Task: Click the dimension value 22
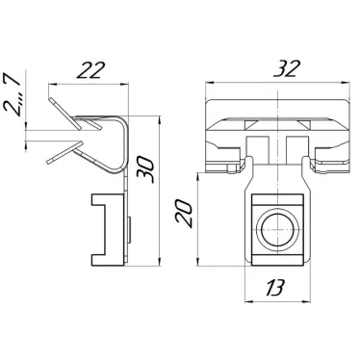(x=91, y=70)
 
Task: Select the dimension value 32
(x=287, y=68)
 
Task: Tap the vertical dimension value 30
(x=145, y=169)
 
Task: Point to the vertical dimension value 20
(x=184, y=214)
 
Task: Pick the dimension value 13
(x=275, y=287)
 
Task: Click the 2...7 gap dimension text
(x=12, y=93)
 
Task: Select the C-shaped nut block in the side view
(x=108, y=229)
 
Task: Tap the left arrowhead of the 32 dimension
(x=209, y=83)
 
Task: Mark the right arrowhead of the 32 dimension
(x=346, y=83)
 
